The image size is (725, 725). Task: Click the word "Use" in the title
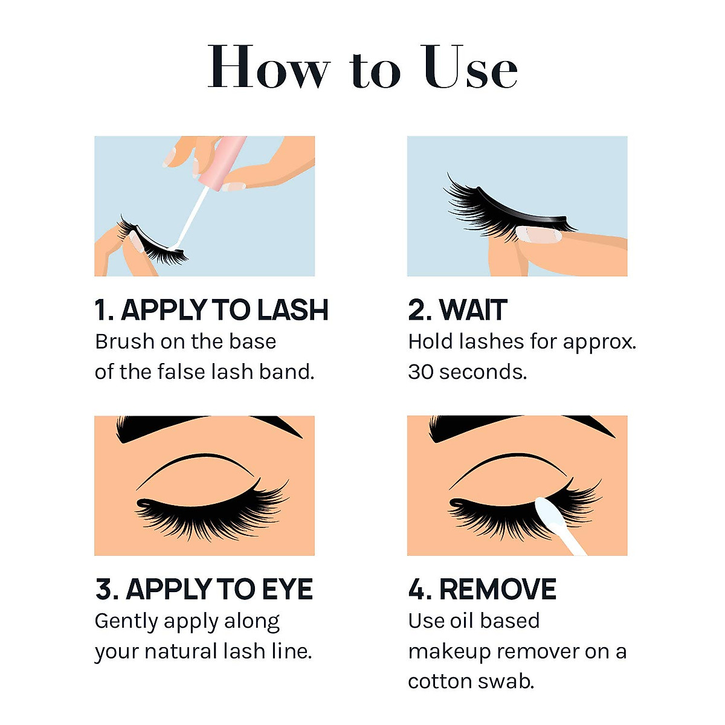(470, 68)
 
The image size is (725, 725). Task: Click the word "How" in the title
(268, 68)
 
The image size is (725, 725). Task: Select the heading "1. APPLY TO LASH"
(211, 310)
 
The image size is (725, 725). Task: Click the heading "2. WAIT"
(457, 310)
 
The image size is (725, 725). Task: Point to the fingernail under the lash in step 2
(538, 234)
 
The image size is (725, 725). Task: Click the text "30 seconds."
(467, 372)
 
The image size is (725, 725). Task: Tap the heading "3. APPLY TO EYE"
(204, 589)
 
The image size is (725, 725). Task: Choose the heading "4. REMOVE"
(482, 589)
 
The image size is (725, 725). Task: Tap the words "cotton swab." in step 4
(471, 681)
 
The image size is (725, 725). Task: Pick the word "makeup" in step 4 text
(449, 652)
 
